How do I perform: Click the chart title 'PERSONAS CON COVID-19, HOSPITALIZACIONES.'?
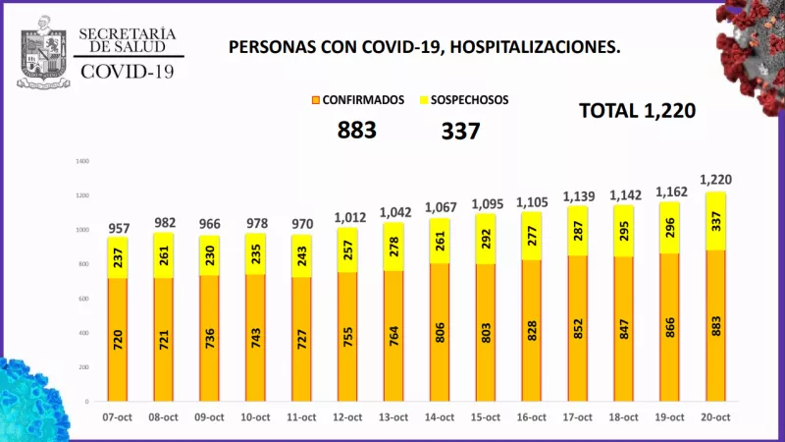tap(424, 46)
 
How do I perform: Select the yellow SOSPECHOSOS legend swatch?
tap(424, 100)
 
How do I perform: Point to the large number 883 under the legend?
tap(357, 130)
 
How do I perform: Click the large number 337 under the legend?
tap(460, 130)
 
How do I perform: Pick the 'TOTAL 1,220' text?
tap(637, 111)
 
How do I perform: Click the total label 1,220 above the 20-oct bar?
tap(715, 180)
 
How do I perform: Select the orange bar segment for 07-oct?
tap(117, 339)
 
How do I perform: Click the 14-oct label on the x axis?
tap(439, 417)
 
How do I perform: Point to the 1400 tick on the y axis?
tap(82, 161)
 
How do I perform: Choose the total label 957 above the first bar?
tap(117, 229)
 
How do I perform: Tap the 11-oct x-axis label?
tap(301, 417)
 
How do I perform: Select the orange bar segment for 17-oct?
tap(578, 328)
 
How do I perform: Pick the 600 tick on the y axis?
tap(84, 299)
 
